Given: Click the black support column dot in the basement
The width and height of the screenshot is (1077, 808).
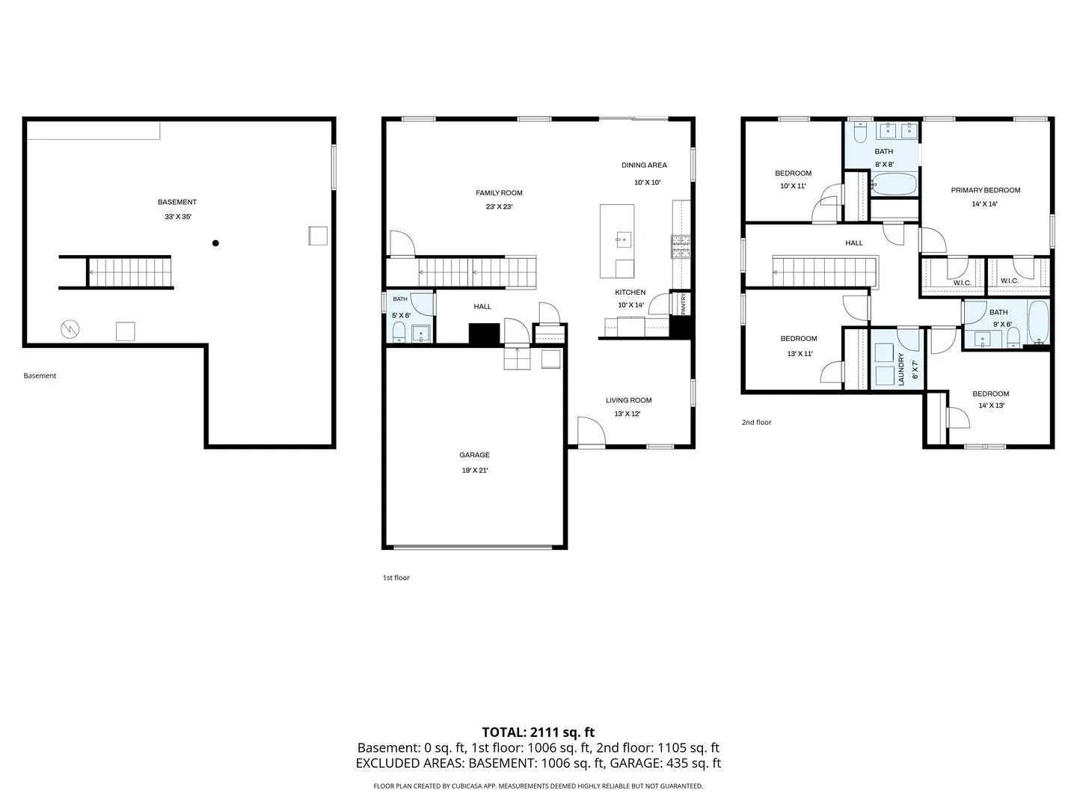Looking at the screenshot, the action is click(x=215, y=243).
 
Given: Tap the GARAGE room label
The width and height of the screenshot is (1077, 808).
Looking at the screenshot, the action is click(x=474, y=455).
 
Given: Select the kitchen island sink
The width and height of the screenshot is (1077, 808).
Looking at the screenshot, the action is click(x=624, y=240).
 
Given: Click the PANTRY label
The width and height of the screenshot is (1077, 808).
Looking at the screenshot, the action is click(x=683, y=304).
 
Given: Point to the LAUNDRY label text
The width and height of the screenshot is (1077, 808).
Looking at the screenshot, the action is click(x=900, y=369).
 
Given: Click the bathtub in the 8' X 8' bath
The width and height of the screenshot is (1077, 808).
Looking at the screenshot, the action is click(x=894, y=185).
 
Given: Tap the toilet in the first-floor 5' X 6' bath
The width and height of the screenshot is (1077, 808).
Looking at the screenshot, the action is click(x=399, y=331).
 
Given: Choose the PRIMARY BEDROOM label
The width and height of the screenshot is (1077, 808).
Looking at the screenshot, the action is click(x=985, y=190).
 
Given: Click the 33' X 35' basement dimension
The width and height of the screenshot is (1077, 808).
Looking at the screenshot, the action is click(x=178, y=216).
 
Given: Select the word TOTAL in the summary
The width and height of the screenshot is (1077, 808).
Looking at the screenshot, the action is click(x=504, y=732).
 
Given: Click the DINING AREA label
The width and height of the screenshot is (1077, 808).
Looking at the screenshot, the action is click(x=644, y=165).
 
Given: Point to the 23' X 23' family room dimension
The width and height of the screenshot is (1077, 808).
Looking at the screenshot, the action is click(x=499, y=206).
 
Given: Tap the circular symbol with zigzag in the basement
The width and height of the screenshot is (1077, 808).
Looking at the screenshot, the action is click(x=70, y=329).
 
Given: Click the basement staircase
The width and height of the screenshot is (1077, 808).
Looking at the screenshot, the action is click(x=130, y=272).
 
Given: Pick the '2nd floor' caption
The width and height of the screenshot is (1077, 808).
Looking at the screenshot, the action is click(x=756, y=423).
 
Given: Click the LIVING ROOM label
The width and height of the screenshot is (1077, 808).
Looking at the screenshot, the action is click(x=628, y=400).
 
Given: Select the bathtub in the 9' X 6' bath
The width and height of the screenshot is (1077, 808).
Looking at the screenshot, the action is click(x=1038, y=322).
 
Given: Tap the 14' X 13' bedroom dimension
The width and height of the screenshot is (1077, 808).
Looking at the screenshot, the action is click(x=991, y=405).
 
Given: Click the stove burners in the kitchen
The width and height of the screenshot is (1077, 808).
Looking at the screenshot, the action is click(x=681, y=246).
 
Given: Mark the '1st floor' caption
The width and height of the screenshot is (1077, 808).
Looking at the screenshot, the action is click(x=396, y=578).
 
